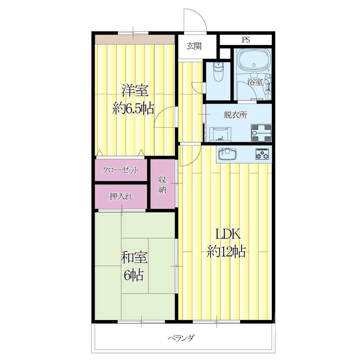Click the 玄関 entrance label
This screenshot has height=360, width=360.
(x=194, y=46)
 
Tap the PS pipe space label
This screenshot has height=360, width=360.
(x=246, y=40)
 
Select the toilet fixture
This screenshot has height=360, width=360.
(x=218, y=71)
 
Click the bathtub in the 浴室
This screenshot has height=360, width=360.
(x=253, y=60)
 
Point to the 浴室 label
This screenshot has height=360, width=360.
(x=255, y=82)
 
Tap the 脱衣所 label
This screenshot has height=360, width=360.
(x=235, y=115)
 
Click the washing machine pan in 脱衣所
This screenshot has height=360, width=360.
(x=261, y=133)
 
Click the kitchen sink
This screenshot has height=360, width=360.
(x=227, y=154)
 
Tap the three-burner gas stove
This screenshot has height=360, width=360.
(x=262, y=154)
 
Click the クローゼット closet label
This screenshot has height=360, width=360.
(x=121, y=170)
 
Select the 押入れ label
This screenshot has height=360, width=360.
(x=121, y=197)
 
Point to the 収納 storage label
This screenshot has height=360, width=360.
(x=162, y=185)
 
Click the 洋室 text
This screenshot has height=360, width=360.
(x=135, y=91)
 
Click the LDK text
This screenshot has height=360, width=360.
(x=228, y=234)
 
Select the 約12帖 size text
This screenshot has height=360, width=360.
(x=226, y=251)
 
